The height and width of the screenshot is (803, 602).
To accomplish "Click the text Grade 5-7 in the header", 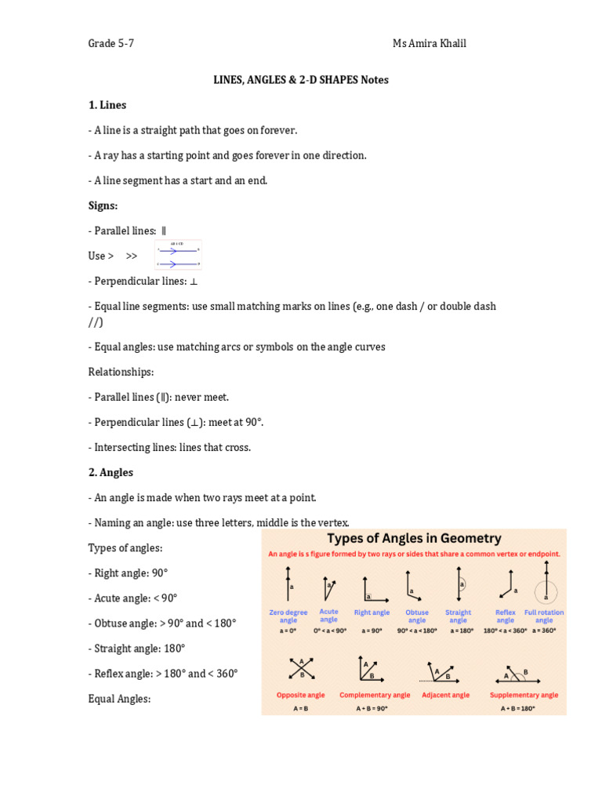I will click(x=111, y=43).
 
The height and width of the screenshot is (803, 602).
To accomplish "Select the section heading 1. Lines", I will click(x=107, y=105).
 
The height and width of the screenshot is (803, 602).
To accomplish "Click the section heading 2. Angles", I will click(x=111, y=473).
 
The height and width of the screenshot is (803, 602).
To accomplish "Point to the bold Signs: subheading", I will click(x=103, y=205).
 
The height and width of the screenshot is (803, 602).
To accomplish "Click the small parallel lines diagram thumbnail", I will click(x=178, y=255).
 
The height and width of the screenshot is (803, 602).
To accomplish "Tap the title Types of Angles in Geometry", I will click(x=413, y=539).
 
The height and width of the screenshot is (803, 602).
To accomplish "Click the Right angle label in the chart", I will click(x=372, y=612).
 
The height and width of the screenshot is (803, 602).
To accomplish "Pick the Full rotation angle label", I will click(x=543, y=616).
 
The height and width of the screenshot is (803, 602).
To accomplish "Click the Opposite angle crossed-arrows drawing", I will click(x=301, y=669).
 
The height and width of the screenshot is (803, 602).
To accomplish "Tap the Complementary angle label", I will click(x=375, y=695).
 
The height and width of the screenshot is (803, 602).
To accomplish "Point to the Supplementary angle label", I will click(x=524, y=695).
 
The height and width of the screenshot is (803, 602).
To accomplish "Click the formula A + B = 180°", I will click(x=517, y=709).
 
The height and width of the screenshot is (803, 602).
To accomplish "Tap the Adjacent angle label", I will click(x=445, y=695).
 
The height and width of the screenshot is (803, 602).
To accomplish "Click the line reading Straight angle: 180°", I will click(x=136, y=649).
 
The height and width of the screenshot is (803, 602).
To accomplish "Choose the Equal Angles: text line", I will click(x=119, y=699).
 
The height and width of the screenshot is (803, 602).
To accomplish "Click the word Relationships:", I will click(x=121, y=372).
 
